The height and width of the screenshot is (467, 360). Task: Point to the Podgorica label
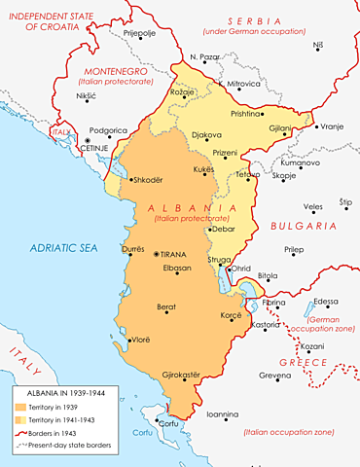(x=108, y=130)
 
